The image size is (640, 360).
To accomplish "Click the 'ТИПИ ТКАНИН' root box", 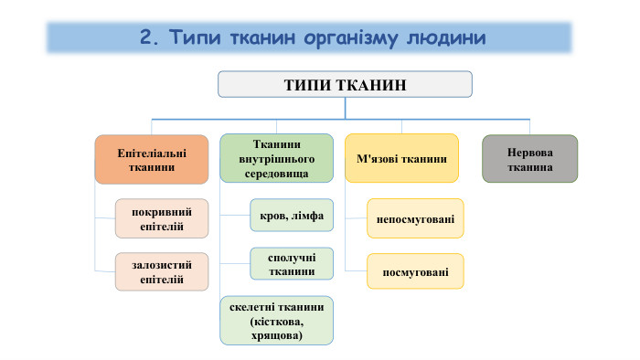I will click(345, 85).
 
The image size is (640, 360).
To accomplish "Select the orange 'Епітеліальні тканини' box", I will click(140, 160).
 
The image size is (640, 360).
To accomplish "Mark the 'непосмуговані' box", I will click(414, 218).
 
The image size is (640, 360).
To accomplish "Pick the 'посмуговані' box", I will click(414, 270).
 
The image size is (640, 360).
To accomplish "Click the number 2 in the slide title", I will click(146, 37).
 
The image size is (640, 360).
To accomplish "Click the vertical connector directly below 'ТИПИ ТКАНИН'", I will click(345, 108).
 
